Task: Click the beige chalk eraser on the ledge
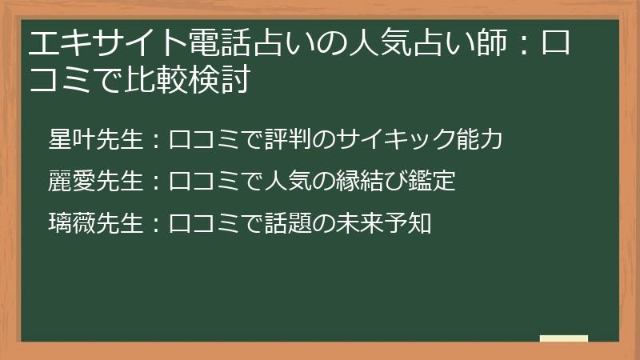[563, 339]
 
